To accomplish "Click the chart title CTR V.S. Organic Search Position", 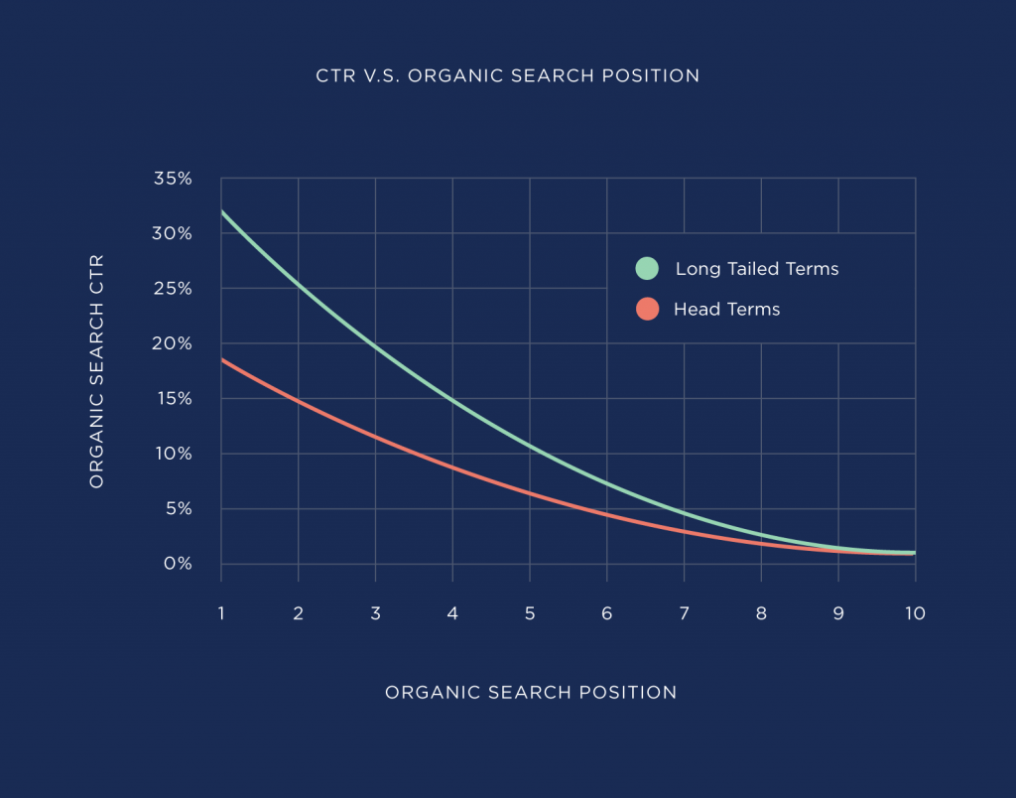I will [507, 75].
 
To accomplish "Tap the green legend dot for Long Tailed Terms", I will [647, 269].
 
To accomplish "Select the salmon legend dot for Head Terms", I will [647, 310].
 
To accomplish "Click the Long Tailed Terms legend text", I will [756, 269].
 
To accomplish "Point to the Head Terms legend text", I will [726, 310].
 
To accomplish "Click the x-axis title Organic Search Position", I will [530, 693].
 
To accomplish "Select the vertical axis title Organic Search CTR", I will [96, 370].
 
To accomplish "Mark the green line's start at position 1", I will [221, 211].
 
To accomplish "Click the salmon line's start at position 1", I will [221, 359].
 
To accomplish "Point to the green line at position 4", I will [452, 400].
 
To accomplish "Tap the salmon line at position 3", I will [375, 437].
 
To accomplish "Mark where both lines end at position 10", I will [913, 553].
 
